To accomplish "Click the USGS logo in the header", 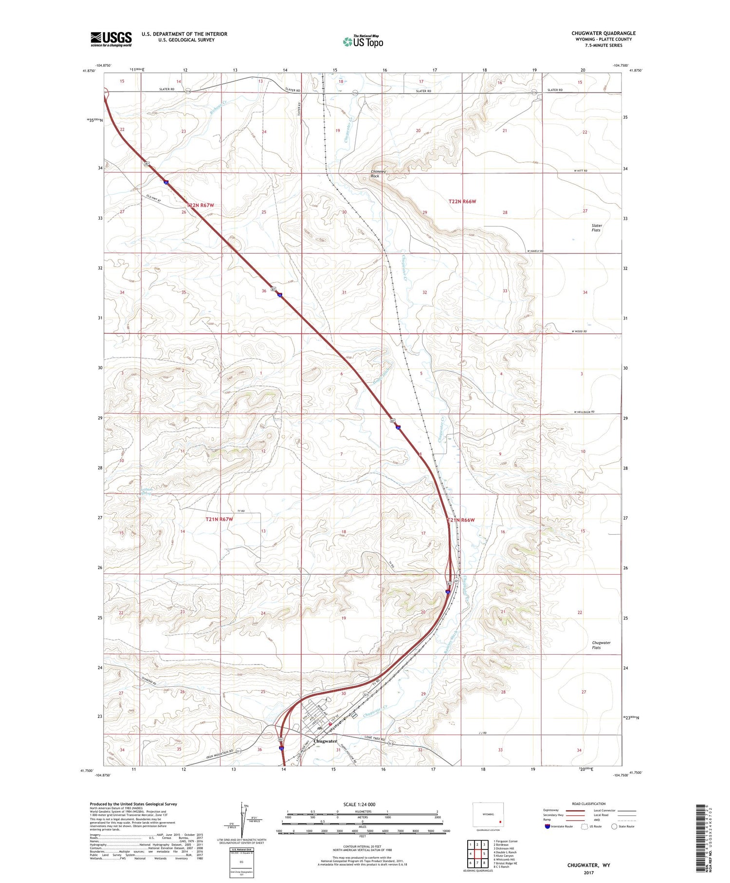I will (x=111, y=39).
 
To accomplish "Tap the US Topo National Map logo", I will (x=363, y=41).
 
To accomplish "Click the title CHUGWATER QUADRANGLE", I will (x=603, y=33).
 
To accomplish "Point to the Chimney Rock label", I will (x=378, y=174).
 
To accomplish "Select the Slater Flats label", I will (x=597, y=227).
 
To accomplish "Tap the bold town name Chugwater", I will (x=325, y=741).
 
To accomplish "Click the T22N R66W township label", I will (x=461, y=201).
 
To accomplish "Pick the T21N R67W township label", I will (x=219, y=520).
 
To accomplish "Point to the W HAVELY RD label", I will (x=535, y=251).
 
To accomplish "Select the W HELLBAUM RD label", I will (x=584, y=412).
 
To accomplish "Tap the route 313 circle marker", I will (x=390, y=744).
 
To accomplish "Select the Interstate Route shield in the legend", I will (x=547, y=827).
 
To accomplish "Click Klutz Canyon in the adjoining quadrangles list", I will (x=503, y=855).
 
